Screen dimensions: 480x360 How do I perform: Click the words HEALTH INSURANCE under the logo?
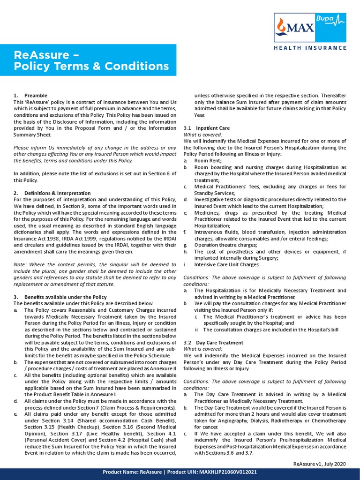point(310,48)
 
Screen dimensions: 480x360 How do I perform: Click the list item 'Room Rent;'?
point(208,160)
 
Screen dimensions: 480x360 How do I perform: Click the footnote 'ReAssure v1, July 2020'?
point(319,464)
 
